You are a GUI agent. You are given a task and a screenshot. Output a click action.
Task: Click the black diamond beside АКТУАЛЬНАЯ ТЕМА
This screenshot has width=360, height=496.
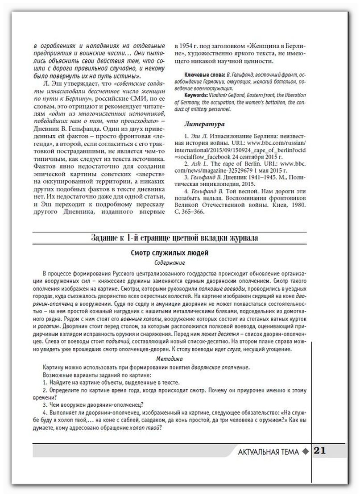pos(305,451)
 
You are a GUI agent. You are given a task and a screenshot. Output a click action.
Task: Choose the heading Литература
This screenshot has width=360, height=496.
pos(204,124)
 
